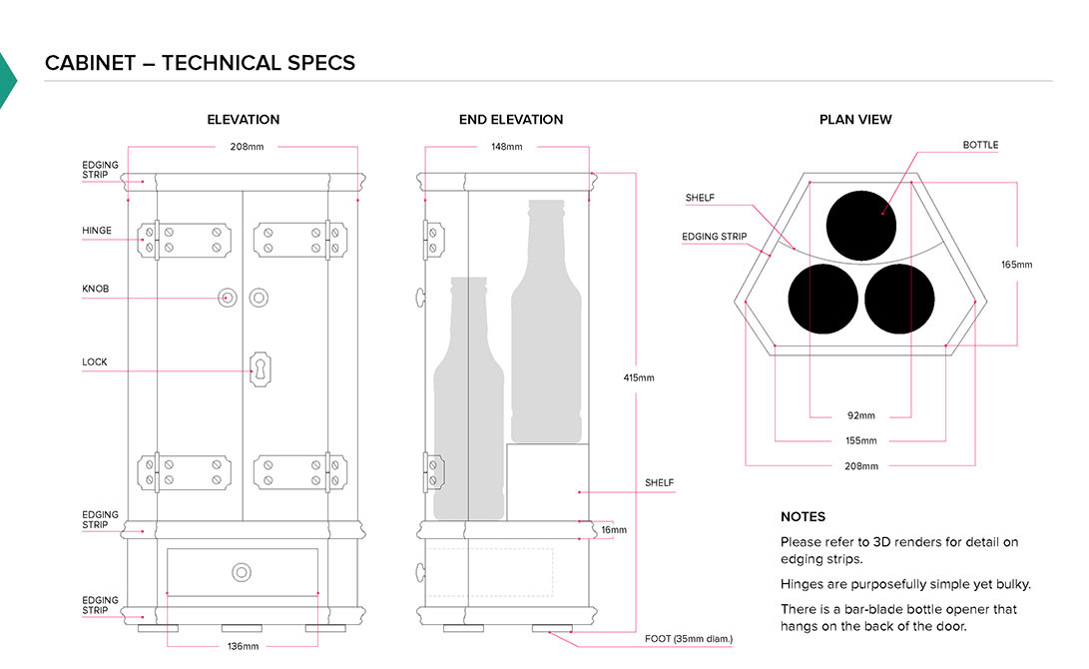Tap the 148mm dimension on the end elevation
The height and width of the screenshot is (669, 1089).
tap(506, 147)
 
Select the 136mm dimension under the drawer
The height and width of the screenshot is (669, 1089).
tap(243, 646)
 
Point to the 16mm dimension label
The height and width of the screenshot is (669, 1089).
tap(614, 529)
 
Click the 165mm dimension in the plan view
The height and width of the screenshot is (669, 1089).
tap(1016, 265)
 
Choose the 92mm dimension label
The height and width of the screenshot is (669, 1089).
tap(860, 415)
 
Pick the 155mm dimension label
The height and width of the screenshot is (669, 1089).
tap(860, 440)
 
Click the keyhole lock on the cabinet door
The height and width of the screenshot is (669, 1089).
tap(261, 369)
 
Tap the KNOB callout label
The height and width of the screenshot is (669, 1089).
tap(95, 289)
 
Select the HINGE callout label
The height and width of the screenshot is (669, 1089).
tap(97, 231)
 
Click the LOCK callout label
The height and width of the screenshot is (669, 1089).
tap(94, 361)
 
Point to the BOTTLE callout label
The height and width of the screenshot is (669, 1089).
tap(980, 145)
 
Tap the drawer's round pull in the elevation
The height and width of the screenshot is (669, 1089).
tap(242, 572)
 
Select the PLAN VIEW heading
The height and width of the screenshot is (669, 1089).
tap(855, 120)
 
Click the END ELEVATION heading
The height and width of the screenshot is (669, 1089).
tap(511, 120)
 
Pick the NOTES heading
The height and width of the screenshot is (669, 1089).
tap(803, 516)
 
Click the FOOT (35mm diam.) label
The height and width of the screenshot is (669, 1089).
tap(690, 638)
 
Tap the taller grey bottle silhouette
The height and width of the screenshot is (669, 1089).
tap(546, 320)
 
